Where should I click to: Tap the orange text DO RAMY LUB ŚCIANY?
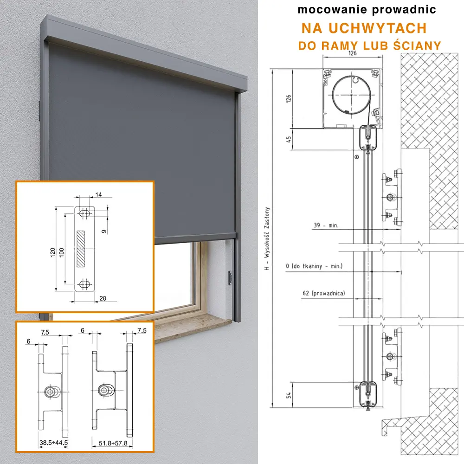coord(369,46)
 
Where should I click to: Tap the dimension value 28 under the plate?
coord(103,298)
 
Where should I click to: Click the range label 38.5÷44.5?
coord(53,443)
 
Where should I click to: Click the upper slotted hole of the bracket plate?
coord(84,213)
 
